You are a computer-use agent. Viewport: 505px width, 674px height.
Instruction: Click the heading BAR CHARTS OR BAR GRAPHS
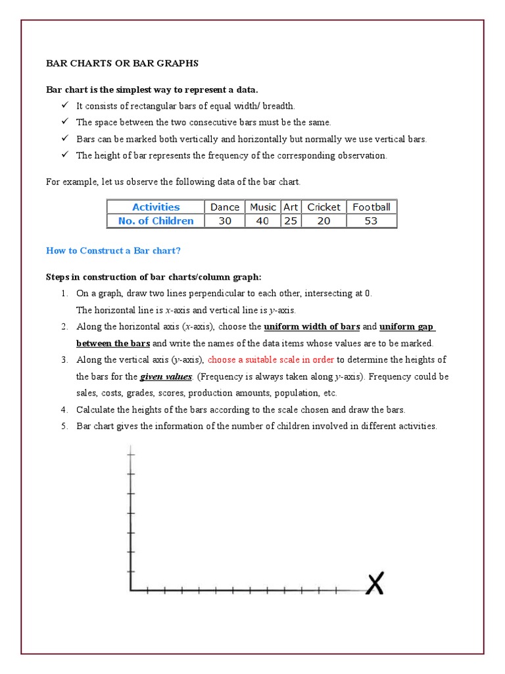(122, 63)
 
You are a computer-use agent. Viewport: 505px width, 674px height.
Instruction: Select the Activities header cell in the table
(156, 207)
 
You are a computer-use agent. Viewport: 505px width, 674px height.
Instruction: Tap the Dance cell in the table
(225, 207)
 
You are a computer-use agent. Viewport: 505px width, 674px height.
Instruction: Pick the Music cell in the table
(263, 207)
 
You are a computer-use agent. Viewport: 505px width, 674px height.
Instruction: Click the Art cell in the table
(291, 207)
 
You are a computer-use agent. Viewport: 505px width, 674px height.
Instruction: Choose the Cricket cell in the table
(324, 207)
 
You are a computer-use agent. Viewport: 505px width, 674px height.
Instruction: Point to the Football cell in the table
(371, 207)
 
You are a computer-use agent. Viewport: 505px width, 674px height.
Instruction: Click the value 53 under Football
(371, 221)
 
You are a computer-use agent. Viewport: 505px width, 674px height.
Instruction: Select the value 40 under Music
(263, 221)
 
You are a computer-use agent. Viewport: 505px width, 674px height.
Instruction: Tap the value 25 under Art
(291, 221)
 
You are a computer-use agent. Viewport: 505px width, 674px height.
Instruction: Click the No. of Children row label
(156, 221)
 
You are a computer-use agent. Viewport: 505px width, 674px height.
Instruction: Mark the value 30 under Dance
(225, 221)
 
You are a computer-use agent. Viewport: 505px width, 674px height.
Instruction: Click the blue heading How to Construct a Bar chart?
(112, 251)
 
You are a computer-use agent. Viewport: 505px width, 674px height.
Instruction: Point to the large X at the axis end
(375, 583)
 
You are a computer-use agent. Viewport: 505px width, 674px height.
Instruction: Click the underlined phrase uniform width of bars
(312, 327)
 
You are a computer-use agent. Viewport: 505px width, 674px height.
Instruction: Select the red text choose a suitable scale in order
(271, 360)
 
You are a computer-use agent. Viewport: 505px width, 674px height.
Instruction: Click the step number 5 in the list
(64, 427)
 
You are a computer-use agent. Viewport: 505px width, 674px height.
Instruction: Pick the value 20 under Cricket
(324, 221)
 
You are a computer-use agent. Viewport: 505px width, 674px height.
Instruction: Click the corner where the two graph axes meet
(132, 590)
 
